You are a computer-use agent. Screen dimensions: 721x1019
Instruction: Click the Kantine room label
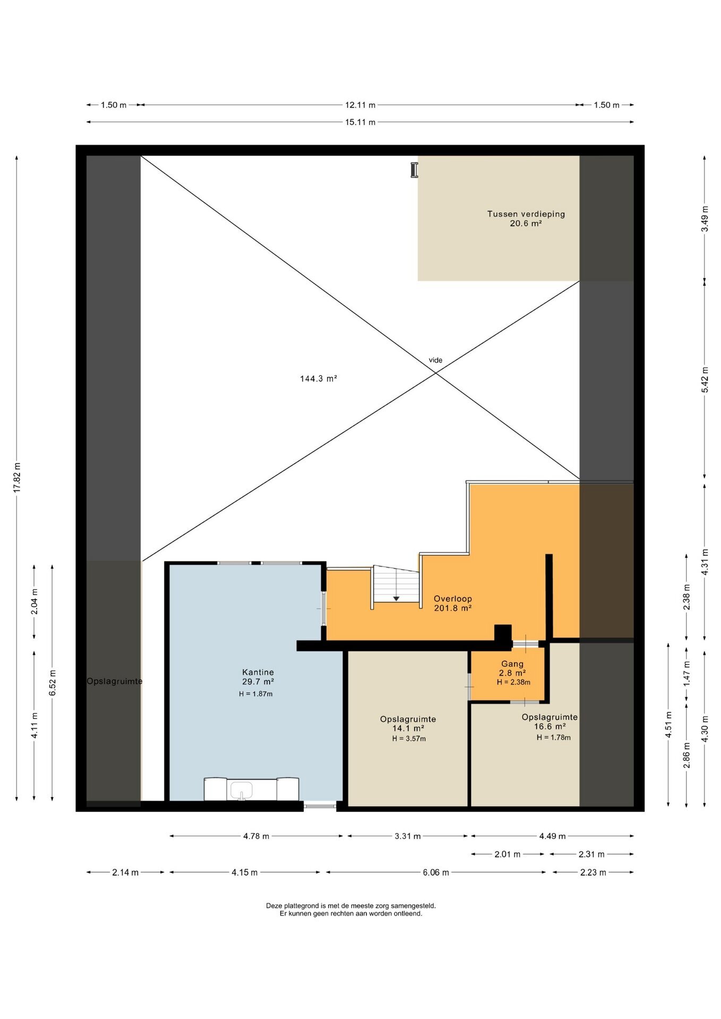258,672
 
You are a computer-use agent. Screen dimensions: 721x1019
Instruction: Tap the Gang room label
512,664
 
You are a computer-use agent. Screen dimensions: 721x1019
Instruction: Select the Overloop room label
453,599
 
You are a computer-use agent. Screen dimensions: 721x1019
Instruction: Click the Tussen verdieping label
526,214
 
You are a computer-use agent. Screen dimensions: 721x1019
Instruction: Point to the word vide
435,360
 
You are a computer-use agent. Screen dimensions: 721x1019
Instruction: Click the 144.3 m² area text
319,378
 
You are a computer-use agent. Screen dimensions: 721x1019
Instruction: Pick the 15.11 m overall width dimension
360,122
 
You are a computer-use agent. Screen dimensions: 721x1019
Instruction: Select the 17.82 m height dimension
17,478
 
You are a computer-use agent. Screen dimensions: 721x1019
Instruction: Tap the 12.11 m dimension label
360,105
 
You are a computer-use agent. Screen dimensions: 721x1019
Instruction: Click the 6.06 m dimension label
436,873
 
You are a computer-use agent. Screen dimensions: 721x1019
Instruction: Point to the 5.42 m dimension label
705,380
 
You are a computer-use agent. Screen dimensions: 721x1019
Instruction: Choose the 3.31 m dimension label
408,836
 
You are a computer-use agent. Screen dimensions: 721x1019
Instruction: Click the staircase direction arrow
396,599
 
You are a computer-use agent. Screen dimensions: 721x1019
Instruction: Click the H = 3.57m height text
409,738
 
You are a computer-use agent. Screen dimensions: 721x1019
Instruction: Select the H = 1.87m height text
256,694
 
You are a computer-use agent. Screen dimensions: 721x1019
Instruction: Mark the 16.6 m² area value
550,727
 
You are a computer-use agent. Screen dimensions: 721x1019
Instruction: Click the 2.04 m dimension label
35,602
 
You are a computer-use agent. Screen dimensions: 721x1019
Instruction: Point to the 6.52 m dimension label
53,683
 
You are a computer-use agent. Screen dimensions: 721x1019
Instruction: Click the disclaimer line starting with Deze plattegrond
351,906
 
